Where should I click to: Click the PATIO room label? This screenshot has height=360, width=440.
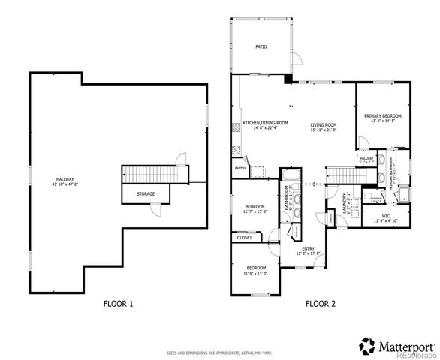coord(261,46)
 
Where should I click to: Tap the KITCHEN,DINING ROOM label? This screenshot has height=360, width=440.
coord(261,123)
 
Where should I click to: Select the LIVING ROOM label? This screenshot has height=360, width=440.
coord(324,124)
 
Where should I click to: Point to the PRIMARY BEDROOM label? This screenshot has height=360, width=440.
coord(383,116)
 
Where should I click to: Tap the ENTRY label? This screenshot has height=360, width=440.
coord(308,248)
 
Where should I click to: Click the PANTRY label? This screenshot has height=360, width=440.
coord(240,169)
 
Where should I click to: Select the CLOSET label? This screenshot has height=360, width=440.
coord(244,238)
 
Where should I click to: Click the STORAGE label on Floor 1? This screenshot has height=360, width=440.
coord(146,193)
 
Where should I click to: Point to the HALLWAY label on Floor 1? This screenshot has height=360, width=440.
coord(65,179)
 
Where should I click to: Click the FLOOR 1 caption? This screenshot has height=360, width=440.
coord(118,304)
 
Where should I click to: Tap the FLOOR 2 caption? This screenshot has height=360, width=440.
coord(321,304)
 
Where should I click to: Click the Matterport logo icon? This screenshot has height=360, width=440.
coord(367,346)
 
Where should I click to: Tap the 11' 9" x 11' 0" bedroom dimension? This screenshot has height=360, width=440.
coord(255,274)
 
